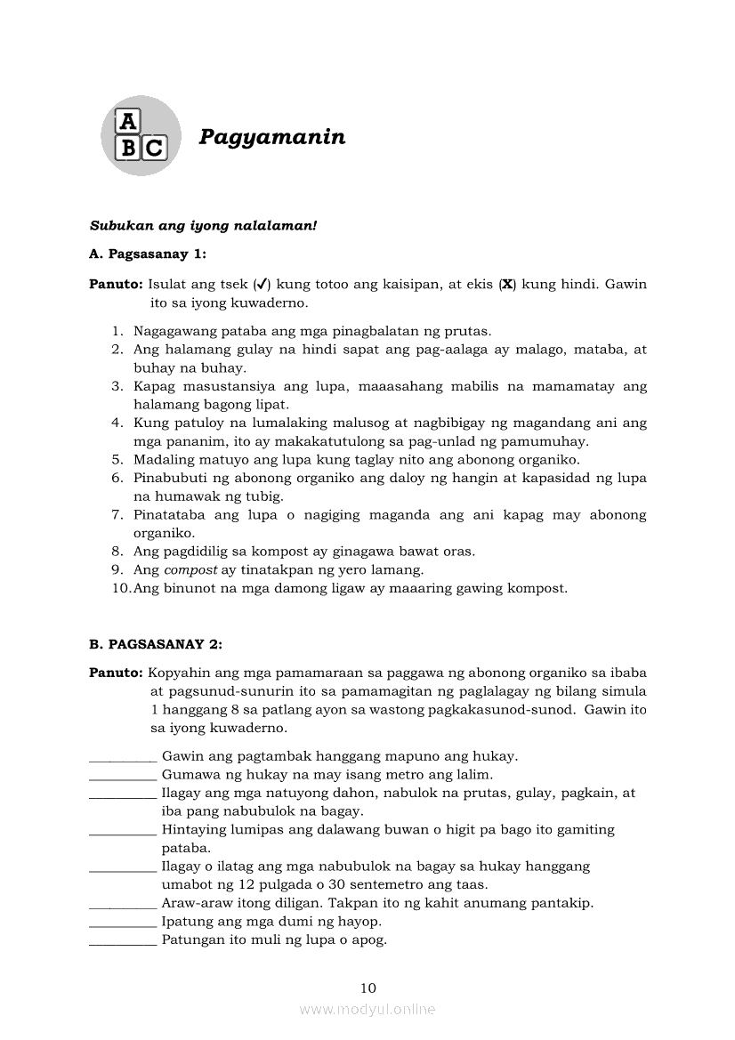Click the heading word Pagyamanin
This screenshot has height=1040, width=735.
271,137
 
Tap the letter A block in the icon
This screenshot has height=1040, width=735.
129,121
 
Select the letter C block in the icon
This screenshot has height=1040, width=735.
153,148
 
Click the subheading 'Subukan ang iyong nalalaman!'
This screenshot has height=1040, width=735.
203,227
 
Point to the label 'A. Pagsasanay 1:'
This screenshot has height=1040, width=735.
148,254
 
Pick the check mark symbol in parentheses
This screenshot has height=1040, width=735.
262,285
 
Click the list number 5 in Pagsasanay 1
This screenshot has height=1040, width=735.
117,460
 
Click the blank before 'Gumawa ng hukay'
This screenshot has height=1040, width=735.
123,774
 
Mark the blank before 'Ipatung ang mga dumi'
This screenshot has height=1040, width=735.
123,921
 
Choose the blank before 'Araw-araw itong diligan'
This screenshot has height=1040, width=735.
123,903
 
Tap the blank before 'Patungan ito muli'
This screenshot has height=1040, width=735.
123,939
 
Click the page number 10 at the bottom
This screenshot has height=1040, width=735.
368,988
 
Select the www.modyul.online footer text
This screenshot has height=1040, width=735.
367,1009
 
